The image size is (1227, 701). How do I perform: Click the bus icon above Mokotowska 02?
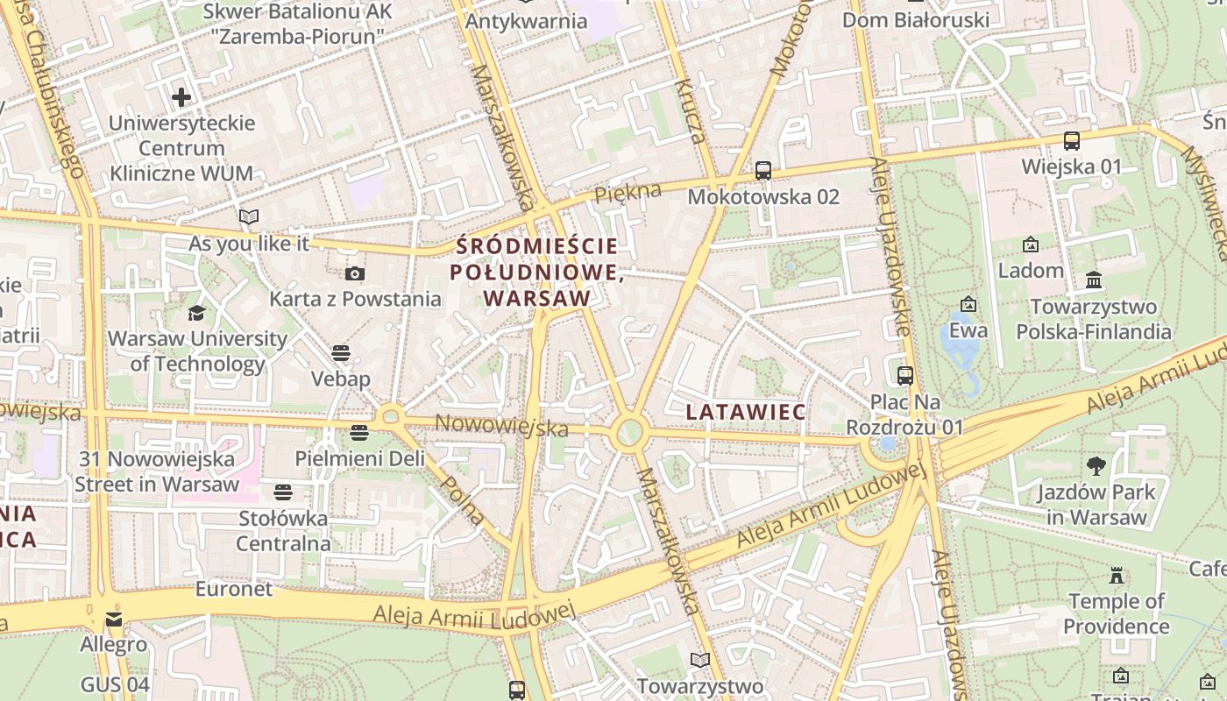point(762,171)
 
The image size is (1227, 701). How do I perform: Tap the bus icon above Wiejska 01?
point(1071,140)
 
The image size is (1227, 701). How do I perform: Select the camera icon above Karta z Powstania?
point(355,273)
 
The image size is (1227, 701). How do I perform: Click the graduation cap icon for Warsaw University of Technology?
point(196,313)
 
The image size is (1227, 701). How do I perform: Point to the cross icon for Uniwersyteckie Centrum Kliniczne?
point(181,96)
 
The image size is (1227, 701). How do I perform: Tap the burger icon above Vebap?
point(341,353)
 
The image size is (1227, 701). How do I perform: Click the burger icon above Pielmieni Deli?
point(358,432)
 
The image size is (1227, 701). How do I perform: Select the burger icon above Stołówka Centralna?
point(282,492)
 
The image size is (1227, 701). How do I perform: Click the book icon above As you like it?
point(249,216)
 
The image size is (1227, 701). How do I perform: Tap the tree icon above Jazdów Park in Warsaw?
point(1096,465)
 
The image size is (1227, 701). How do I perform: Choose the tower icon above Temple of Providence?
point(1116,575)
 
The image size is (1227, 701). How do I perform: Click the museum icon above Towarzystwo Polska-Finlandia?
point(1093,280)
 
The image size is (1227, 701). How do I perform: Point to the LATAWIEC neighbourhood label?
point(734,411)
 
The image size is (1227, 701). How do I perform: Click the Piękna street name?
point(628,193)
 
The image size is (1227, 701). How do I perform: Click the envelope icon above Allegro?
point(114,620)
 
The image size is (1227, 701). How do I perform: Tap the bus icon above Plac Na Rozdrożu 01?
point(905,376)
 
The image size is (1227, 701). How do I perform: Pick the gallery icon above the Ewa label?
point(968,304)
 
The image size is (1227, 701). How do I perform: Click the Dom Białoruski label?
point(916,19)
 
